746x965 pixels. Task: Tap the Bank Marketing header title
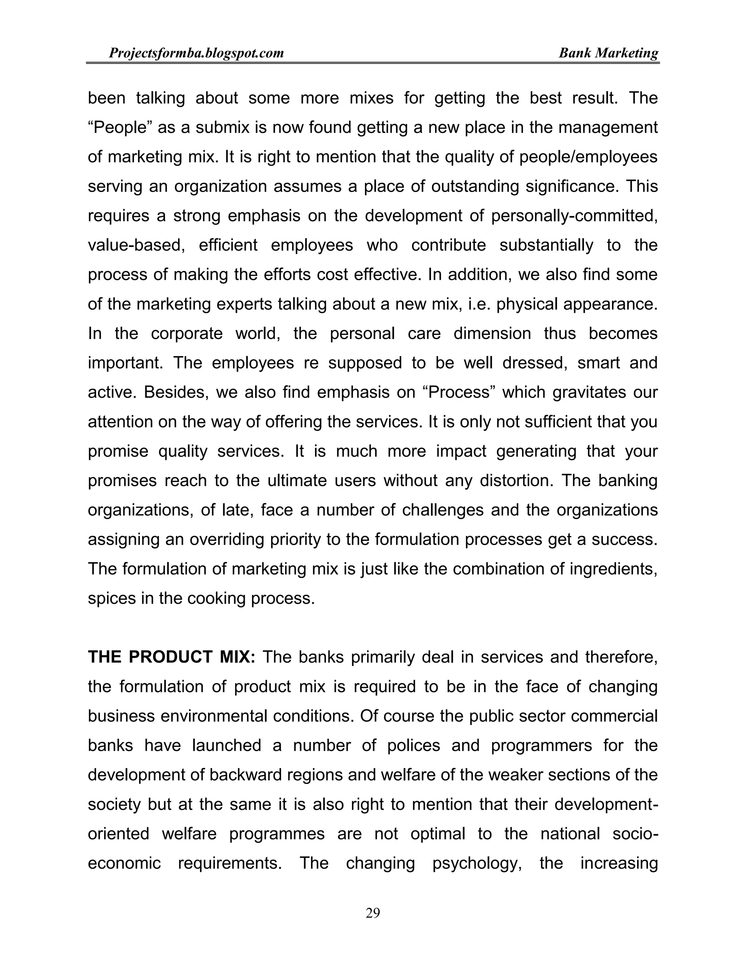(608, 54)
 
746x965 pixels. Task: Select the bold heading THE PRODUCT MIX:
(172, 657)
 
